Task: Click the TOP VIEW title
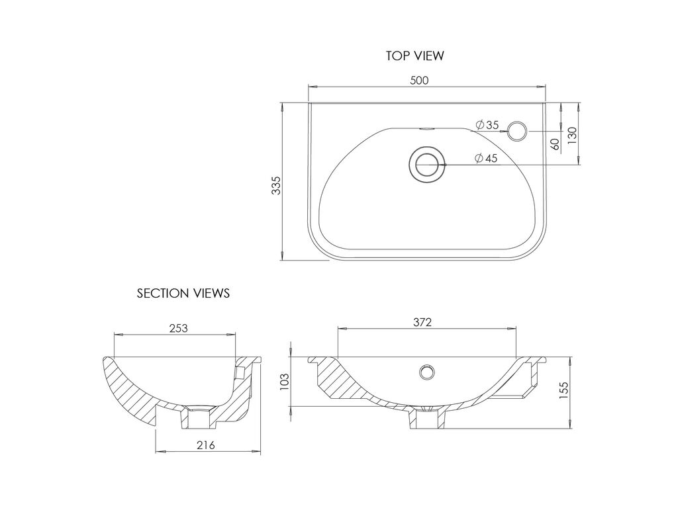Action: (414, 56)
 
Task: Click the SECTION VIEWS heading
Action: (183, 293)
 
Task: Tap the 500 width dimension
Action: (419, 80)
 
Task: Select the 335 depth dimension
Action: (276, 185)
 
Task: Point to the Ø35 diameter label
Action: (487, 125)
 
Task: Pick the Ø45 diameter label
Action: (485, 159)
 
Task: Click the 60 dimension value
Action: (556, 144)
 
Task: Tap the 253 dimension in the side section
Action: (178, 328)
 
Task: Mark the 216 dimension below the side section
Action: (205, 445)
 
